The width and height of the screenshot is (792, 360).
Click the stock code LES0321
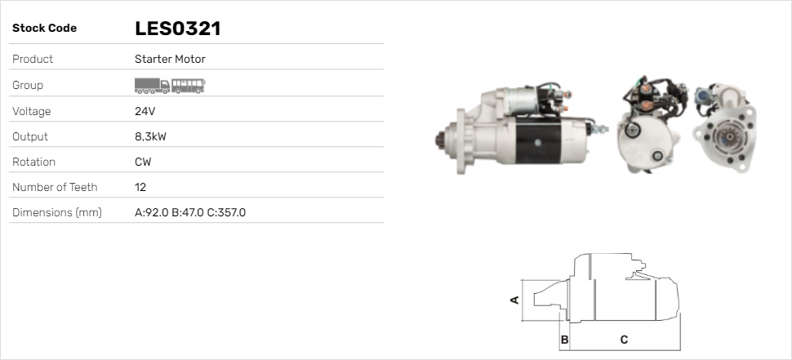[x=178, y=29]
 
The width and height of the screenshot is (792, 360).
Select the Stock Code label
[x=44, y=29]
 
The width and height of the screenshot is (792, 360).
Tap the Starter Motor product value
[x=170, y=59]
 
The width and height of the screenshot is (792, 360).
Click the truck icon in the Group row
[x=152, y=86]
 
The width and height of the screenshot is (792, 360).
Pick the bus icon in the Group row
[x=189, y=86]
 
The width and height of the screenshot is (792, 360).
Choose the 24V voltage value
[x=145, y=111]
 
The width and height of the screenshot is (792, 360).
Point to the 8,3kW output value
[x=150, y=137]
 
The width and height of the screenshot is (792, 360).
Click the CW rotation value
[x=143, y=162]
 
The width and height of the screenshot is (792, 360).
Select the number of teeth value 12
[x=140, y=187]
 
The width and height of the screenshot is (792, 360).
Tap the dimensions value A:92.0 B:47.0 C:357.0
[x=190, y=212]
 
